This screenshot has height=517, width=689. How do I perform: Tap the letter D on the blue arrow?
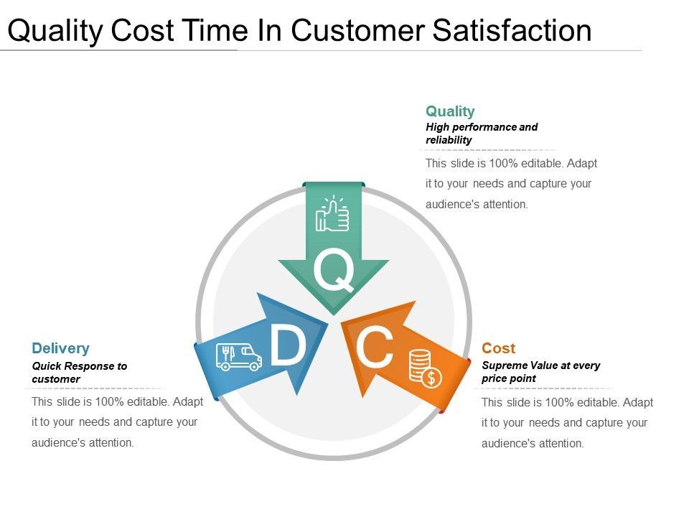click(287, 346)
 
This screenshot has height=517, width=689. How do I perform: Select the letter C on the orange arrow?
click(375, 348)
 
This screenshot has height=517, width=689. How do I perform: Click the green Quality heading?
click(450, 111)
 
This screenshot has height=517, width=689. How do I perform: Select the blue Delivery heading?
click(60, 348)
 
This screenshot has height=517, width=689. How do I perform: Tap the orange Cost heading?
click(498, 348)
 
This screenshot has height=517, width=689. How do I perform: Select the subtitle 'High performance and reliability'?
click(481, 134)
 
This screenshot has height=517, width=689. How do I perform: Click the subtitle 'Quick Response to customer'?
click(79, 372)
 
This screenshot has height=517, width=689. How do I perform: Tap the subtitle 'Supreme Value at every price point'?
click(540, 372)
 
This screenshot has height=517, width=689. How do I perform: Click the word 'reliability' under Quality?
click(449, 140)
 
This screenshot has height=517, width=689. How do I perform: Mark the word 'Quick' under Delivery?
click(45, 366)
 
